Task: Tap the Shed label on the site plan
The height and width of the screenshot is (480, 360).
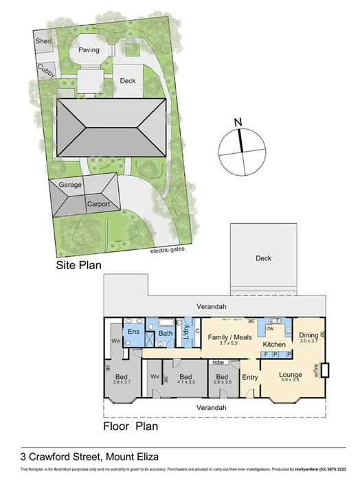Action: point(43,43)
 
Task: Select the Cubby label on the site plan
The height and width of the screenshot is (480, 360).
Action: point(47,69)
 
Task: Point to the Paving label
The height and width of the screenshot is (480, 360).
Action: point(89,50)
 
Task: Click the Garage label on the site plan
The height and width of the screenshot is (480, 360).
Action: point(70,185)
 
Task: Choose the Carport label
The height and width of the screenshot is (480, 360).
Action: point(98,204)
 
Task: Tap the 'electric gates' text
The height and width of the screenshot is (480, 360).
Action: point(168,250)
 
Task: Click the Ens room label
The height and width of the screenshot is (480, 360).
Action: point(135,332)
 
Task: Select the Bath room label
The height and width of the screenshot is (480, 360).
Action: point(166,334)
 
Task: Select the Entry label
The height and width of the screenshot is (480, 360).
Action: point(250,377)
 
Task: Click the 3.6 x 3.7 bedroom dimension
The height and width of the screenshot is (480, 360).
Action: point(122,382)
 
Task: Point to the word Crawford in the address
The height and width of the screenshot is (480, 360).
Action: point(60,455)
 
